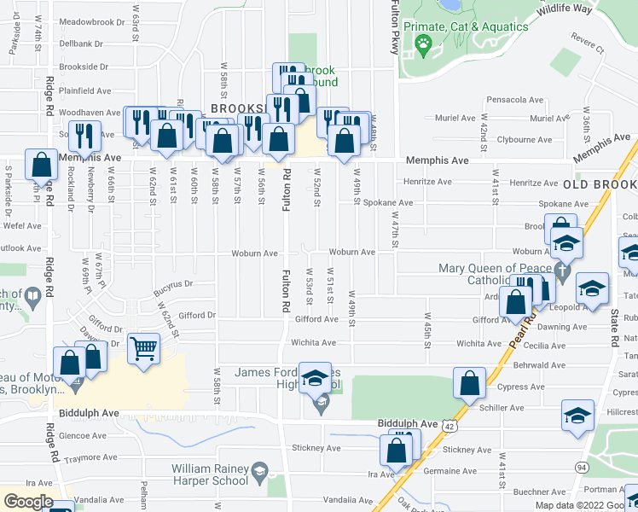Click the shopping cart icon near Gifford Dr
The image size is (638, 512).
[143, 347]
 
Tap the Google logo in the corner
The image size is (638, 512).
[28, 502]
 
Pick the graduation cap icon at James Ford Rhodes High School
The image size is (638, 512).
[315, 377]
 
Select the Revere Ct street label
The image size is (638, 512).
[587, 49]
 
